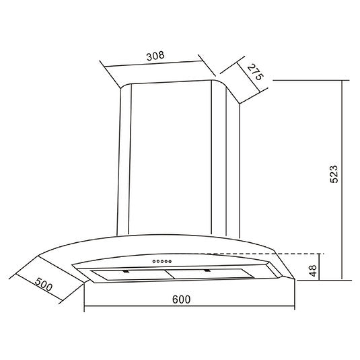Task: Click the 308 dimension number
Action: [x=155, y=56]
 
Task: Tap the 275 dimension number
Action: [x=255, y=72]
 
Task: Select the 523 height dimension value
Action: [x=334, y=174]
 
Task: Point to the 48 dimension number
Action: [x=313, y=271]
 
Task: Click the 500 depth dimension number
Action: [x=44, y=284]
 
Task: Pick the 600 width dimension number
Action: [x=181, y=299]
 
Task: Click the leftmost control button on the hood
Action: [x=154, y=261]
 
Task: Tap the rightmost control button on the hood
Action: [x=170, y=261]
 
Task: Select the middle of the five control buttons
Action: [x=162, y=261]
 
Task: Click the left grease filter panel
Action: [x=132, y=275]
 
